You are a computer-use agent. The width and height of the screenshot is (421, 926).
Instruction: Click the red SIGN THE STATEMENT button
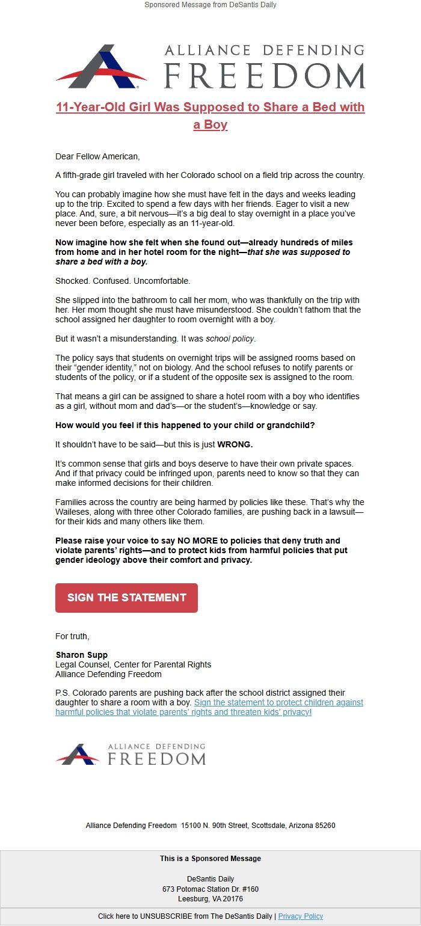126,598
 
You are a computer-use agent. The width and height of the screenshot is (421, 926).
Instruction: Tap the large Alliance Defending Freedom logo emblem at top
101,66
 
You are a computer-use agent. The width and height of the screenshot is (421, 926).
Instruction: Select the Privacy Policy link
300,916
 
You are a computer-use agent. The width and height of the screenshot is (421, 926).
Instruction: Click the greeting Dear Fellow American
97,157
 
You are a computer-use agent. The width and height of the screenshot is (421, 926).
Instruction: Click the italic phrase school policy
230,339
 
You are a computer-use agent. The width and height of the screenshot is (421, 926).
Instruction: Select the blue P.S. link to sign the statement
209,707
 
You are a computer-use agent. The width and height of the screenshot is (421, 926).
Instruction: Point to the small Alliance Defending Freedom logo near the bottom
131,754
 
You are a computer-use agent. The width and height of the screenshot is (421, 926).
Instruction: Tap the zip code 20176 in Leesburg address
233,899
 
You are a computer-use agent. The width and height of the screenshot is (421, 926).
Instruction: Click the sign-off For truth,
72,636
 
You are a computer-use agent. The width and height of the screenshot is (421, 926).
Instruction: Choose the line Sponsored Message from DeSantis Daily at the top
210,5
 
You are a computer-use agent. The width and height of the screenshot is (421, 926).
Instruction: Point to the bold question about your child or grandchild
185,426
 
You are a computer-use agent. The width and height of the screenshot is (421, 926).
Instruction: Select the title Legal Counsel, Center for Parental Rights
133,664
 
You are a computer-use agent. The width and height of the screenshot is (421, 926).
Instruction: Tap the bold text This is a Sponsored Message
210,859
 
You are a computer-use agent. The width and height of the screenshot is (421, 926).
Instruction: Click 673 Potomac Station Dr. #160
210,889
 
